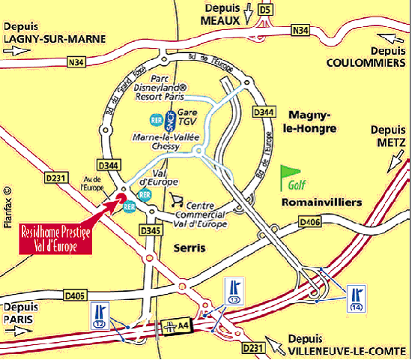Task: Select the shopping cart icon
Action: (x=177, y=199)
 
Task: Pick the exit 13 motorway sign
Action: (x=234, y=291)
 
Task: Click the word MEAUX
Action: (x=220, y=20)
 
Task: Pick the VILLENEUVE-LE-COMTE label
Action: (x=347, y=350)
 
